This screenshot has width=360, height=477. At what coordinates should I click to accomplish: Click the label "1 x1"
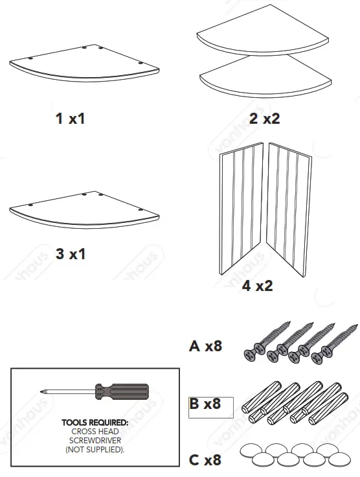click(x=70, y=119)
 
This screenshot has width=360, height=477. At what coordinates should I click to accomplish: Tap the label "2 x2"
click(x=264, y=119)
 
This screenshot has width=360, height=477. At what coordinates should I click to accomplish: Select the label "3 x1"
click(x=70, y=254)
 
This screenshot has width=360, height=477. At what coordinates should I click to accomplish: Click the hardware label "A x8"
click(x=205, y=346)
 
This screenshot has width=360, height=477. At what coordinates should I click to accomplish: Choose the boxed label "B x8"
click(x=205, y=404)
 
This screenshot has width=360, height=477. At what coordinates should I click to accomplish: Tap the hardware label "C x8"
click(x=205, y=460)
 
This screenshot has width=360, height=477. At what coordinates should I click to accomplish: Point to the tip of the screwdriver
click(x=42, y=391)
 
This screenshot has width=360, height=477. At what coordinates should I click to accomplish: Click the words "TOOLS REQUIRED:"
click(x=95, y=423)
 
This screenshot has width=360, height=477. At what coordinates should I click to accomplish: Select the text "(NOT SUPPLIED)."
click(x=95, y=448)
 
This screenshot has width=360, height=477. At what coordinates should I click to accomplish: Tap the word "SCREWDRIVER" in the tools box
click(x=95, y=440)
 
